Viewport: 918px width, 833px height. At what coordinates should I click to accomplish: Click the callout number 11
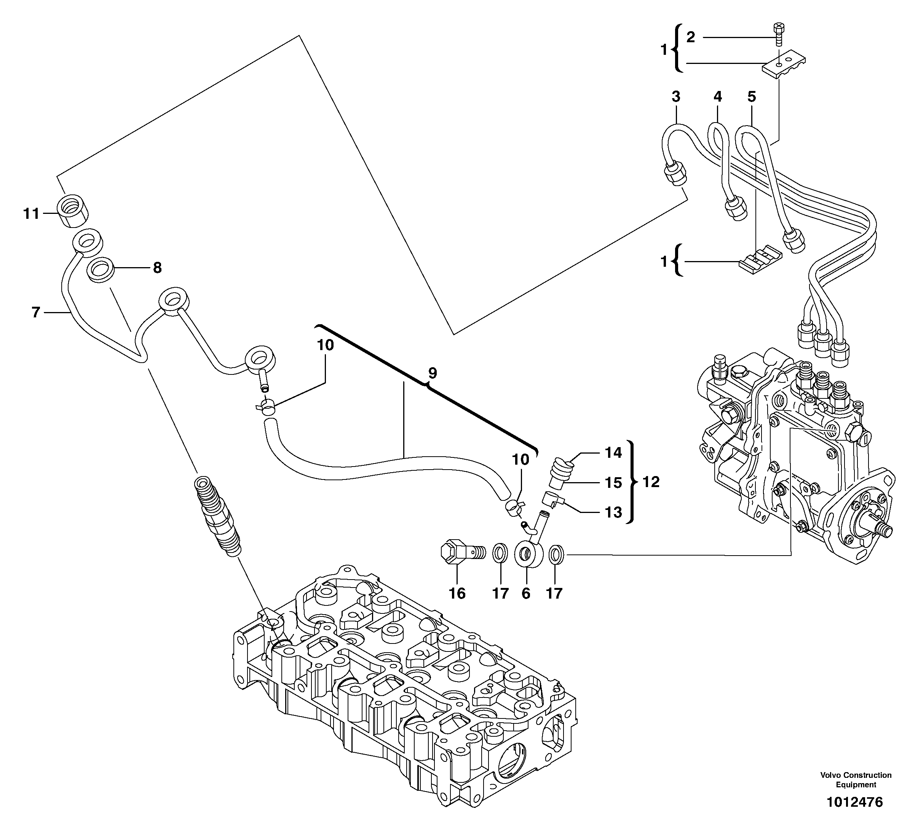tap(32, 213)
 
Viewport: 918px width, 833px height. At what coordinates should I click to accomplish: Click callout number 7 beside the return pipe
tap(36, 312)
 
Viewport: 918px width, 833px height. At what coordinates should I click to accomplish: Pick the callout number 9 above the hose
tap(432, 373)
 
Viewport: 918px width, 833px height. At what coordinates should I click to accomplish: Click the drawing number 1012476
tap(854, 814)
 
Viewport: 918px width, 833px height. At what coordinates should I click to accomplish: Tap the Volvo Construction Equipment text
tap(856, 779)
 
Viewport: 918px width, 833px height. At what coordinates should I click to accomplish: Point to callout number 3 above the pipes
tap(676, 97)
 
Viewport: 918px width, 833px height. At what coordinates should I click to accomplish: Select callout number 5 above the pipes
tap(751, 97)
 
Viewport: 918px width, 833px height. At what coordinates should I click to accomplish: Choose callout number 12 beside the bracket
tap(651, 482)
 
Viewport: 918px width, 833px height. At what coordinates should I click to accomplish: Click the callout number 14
tap(613, 452)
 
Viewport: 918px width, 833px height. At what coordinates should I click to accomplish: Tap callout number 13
tap(613, 512)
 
